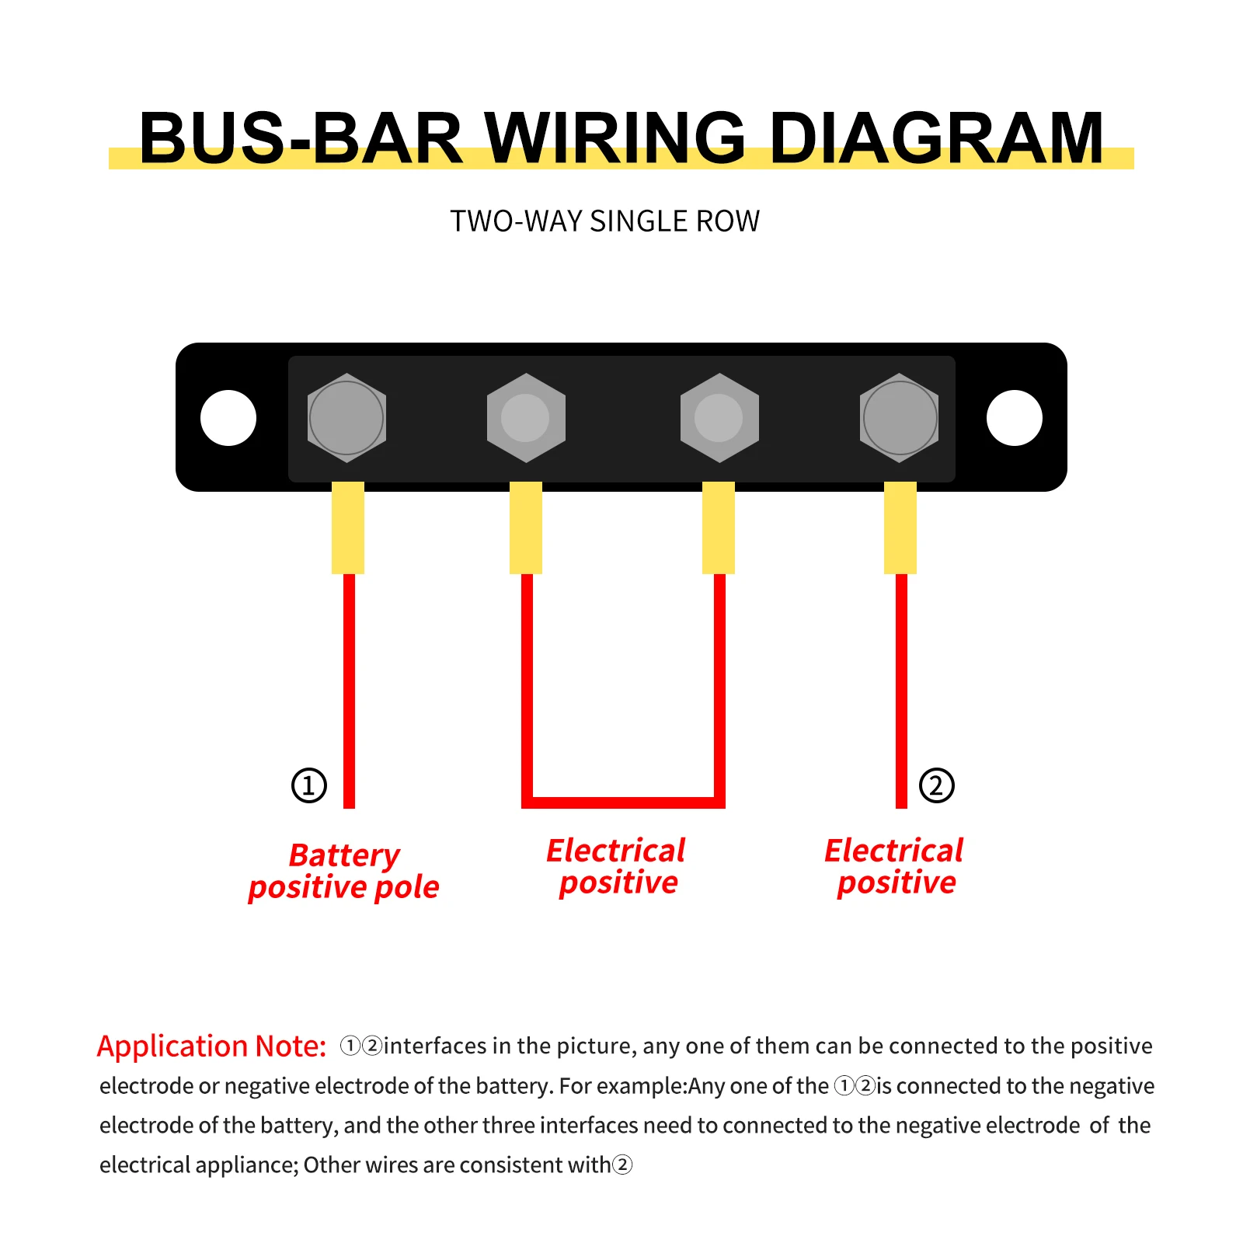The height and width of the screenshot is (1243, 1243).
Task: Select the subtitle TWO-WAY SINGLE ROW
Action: (605, 221)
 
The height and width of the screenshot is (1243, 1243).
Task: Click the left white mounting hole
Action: (228, 418)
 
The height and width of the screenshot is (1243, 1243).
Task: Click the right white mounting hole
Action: (1014, 418)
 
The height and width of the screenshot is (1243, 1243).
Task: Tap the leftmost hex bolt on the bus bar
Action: (346, 418)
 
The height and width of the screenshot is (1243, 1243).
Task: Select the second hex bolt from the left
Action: (526, 418)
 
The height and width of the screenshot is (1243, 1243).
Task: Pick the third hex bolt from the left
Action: (719, 418)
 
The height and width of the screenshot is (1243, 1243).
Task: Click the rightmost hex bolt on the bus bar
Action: (900, 418)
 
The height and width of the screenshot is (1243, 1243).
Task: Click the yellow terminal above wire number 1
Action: (348, 528)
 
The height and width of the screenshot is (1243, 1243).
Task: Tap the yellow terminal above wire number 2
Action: (900, 528)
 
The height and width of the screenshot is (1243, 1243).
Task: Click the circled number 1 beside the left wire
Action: (309, 785)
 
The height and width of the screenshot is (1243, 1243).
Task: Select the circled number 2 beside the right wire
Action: (936, 785)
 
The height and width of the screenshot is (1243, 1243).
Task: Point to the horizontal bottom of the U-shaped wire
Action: (623, 803)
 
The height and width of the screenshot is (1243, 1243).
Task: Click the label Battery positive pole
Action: (344, 871)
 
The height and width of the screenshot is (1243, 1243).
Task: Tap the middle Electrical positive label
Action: (617, 866)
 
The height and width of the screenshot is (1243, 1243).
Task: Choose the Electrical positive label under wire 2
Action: (895, 866)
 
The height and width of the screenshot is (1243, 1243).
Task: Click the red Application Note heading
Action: (211, 1046)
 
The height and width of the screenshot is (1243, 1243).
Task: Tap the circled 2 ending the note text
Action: (622, 1165)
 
